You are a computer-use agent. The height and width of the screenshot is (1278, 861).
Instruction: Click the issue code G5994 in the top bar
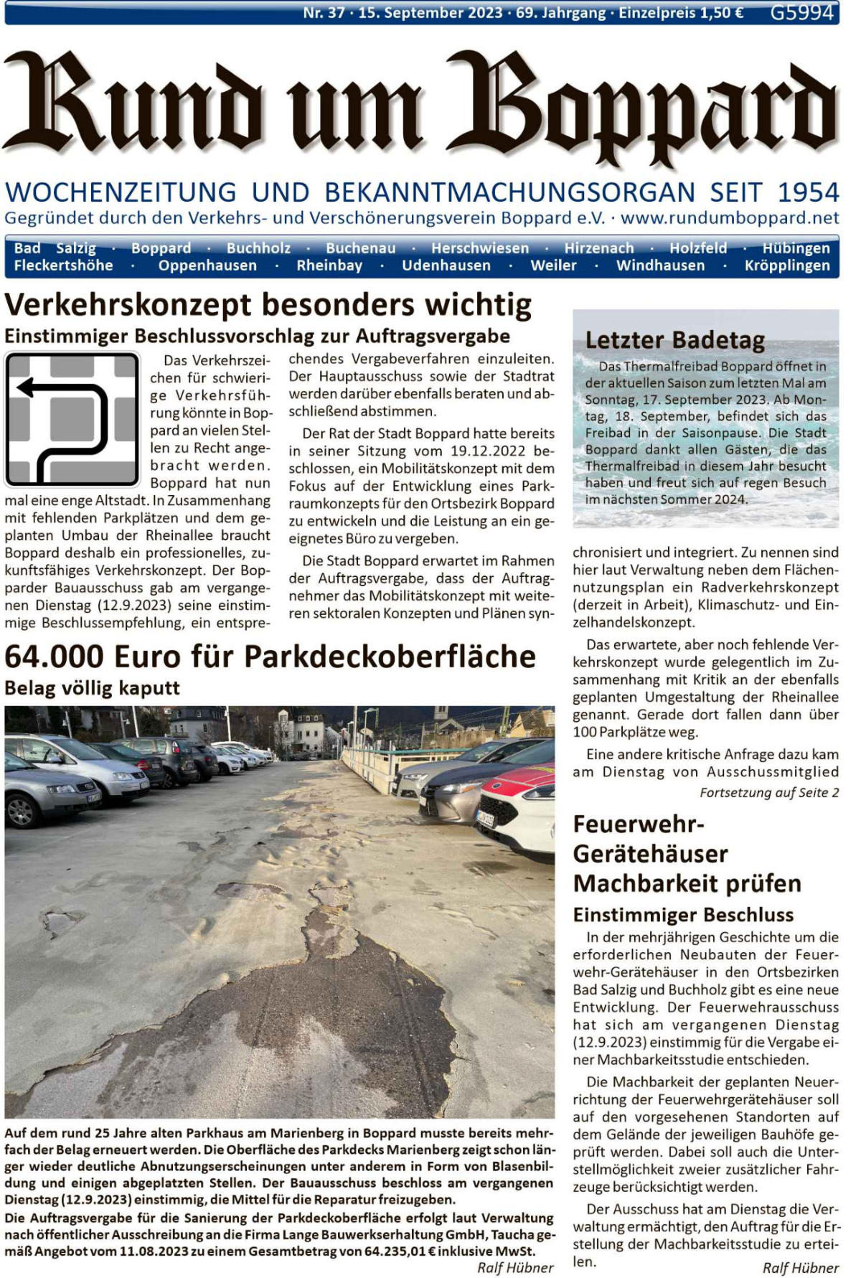[x=801, y=13]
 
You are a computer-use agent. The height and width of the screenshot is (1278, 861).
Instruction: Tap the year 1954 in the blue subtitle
[x=808, y=192]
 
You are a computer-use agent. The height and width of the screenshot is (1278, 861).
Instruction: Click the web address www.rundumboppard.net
[x=730, y=217]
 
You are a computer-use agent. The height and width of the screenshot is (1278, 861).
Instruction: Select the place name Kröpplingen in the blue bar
[x=786, y=266]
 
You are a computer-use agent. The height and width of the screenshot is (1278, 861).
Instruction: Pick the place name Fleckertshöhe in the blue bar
[x=63, y=266]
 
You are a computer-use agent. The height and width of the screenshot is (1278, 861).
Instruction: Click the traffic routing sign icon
[x=72, y=419]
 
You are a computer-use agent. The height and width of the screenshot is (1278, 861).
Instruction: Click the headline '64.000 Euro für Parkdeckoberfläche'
[x=270, y=657]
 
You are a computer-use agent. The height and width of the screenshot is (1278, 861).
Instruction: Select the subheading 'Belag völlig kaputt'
[x=92, y=688]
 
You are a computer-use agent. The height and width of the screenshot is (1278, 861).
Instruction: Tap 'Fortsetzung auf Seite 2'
[x=769, y=793]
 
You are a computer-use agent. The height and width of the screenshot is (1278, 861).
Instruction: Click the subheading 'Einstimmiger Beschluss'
[x=683, y=915]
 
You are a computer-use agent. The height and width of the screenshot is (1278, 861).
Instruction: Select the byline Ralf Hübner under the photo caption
[x=515, y=1268]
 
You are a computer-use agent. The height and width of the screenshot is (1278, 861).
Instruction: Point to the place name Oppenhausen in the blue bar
[x=207, y=266]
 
